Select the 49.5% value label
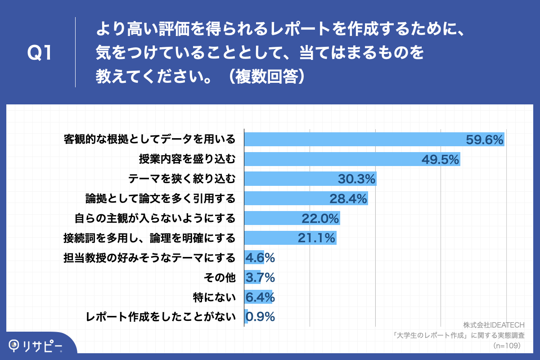pos(440,159)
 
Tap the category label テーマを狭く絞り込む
pos(182,179)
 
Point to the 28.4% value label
pos(348,198)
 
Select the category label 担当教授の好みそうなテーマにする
pos(149,258)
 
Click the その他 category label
pos(220,278)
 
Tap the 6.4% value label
pos(260,297)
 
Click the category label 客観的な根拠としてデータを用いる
pos(149,139)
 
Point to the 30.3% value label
pos(356,179)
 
